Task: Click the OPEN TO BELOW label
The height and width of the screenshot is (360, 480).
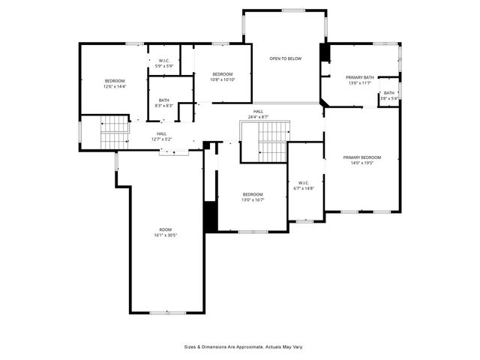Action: point(286,58)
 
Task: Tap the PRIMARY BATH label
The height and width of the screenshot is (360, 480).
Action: point(360,77)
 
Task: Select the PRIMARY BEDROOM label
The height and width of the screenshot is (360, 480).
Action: point(362,157)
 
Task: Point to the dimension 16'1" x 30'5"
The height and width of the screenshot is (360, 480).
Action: point(165,235)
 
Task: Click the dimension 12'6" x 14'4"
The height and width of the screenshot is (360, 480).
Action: point(115,86)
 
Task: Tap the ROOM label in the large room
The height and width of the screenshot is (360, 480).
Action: point(165,229)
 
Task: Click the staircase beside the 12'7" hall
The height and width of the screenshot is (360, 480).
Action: point(115,133)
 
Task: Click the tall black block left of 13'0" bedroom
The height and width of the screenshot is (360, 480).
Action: point(211,216)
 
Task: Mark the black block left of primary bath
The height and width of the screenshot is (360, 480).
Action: point(325,53)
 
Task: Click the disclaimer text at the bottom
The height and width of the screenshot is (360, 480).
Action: point(244,347)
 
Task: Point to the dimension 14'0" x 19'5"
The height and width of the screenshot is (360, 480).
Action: point(362,163)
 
